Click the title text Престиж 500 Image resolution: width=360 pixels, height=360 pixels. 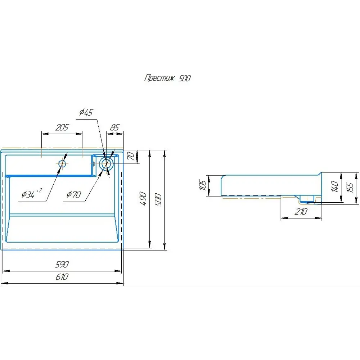point(167,78)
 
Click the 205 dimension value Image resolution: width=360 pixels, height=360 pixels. point(62,127)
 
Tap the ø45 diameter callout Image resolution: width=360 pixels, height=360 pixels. point(86,113)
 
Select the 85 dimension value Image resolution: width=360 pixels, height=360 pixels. point(114,127)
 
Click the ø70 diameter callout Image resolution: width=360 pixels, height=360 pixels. point(74,195)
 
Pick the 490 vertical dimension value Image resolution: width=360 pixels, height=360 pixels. point(144,199)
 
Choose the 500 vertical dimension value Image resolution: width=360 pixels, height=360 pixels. point(159,199)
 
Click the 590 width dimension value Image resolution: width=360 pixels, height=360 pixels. point(62,265)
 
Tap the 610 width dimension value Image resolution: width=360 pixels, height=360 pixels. point(62,277)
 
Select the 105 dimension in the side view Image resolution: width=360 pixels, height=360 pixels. point(203,185)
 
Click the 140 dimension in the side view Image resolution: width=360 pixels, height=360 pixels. point(334,186)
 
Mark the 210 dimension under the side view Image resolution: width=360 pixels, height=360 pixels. point(301,212)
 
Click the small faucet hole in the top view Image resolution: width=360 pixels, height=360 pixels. point(62,164)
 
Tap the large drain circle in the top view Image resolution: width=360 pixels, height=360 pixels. point(106,164)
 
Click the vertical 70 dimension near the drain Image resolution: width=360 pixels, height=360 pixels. point(131,156)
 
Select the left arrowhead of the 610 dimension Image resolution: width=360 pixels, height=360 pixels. point(4,283)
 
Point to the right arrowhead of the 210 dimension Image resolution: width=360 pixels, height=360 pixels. point(320,218)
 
